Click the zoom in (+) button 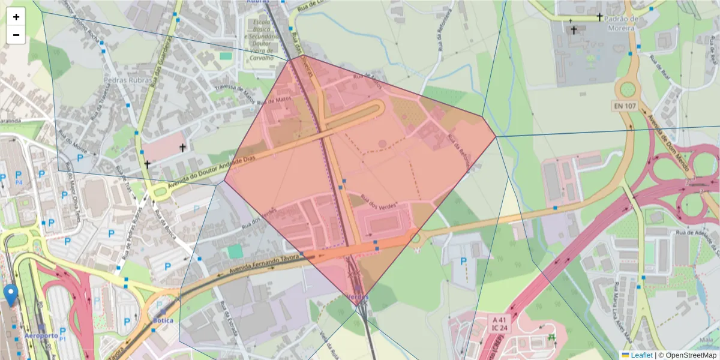point(16,17)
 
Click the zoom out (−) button point(16,35)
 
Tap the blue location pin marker point(10,295)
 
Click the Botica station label point(163,320)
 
